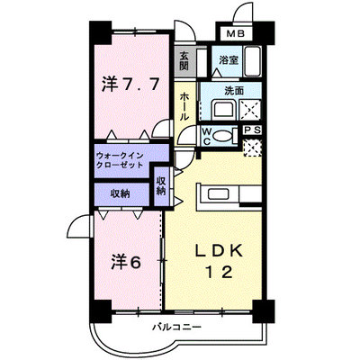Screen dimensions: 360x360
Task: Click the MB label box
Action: (236, 33)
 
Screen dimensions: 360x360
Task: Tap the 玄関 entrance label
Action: (184, 61)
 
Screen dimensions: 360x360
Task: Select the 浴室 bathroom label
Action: (229, 60)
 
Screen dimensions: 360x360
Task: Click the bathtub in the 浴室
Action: (252, 61)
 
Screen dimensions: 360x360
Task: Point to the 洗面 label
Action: (234, 91)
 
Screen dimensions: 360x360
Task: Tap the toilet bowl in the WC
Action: (223, 136)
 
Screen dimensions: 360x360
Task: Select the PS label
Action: (252, 130)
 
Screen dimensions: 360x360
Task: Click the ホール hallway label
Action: (184, 107)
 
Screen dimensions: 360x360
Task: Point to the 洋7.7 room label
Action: (130, 85)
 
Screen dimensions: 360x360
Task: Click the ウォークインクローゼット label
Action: (120, 161)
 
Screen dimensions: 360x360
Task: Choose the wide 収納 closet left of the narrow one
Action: (121, 193)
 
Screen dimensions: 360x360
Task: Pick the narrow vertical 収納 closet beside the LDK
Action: (161, 186)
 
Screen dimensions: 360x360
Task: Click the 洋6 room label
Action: (126, 263)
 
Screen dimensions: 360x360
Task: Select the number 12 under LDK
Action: (219, 272)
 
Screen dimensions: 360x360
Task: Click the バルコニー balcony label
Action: (176, 327)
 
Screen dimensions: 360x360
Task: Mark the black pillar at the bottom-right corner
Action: (264, 311)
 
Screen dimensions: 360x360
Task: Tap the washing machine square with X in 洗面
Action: (250, 110)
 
